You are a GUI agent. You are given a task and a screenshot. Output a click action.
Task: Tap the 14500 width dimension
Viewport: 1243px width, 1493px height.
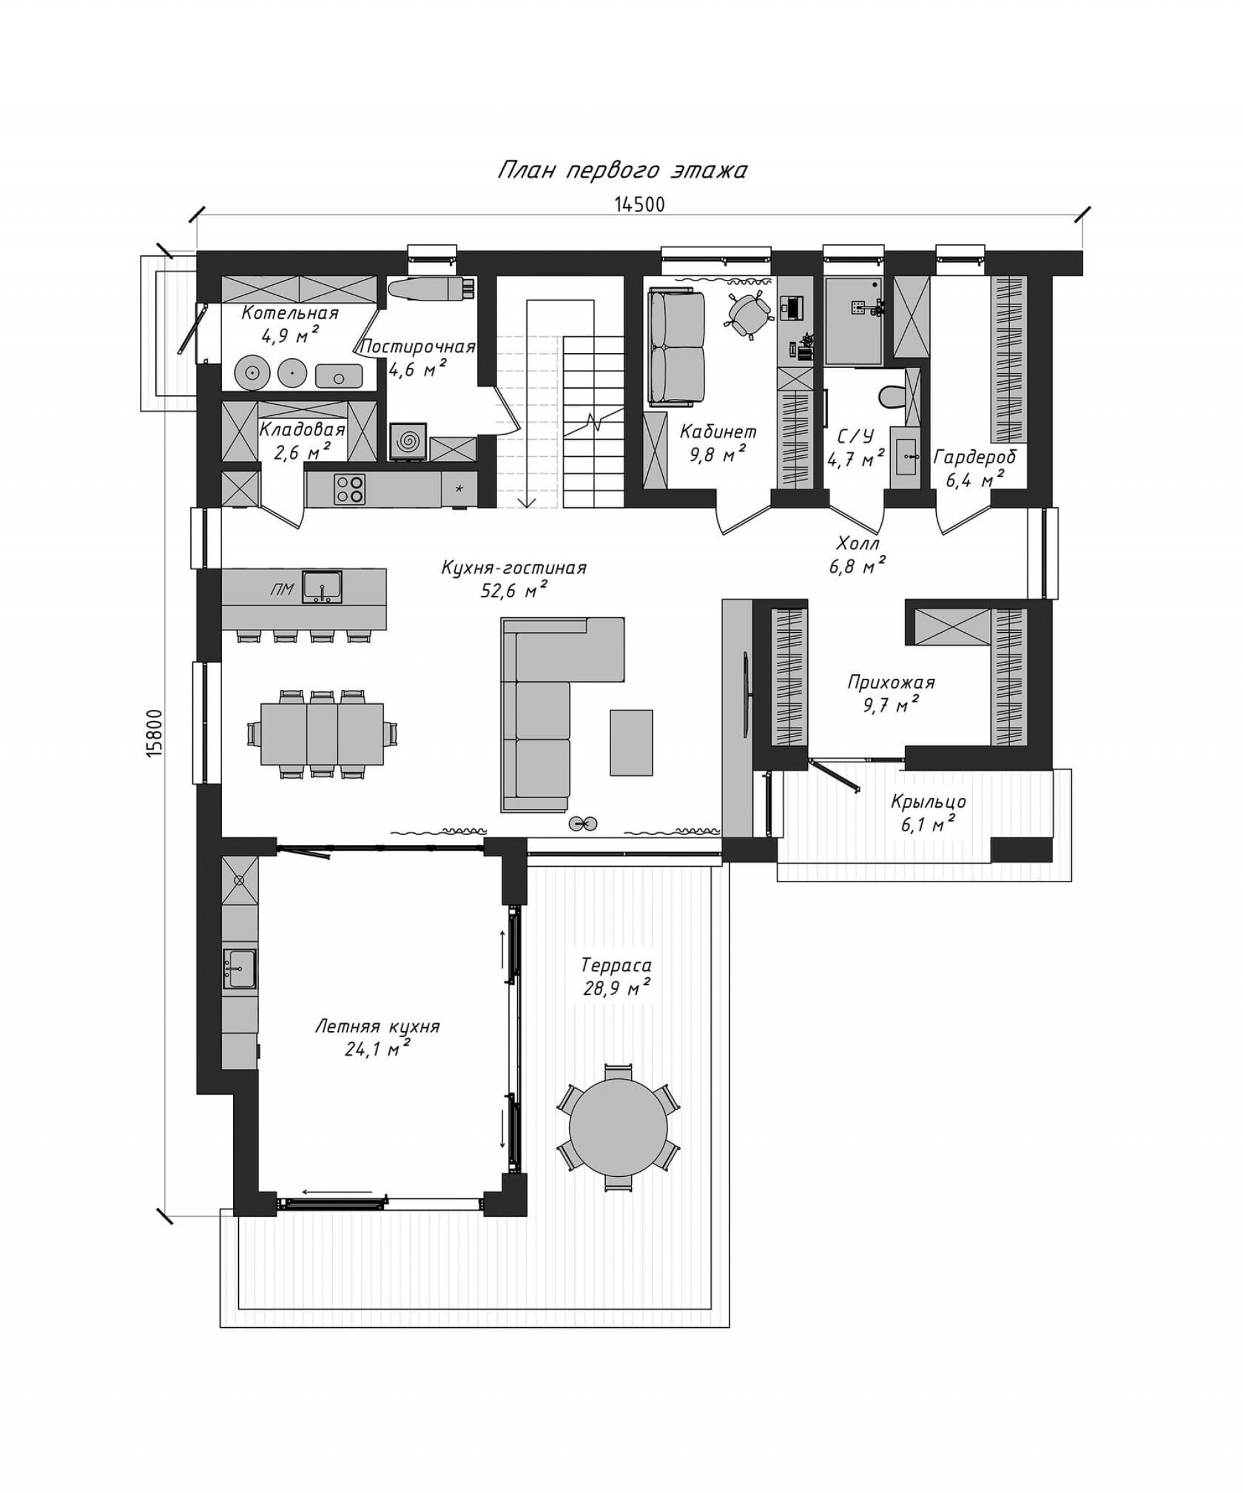click(x=639, y=205)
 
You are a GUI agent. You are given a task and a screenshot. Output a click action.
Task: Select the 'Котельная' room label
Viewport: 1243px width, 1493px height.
click(x=289, y=313)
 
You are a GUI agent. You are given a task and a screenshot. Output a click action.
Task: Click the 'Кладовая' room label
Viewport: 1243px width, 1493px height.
click(x=302, y=429)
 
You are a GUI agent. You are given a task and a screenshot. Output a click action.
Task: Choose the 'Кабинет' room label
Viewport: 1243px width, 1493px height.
click(x=718, y=431)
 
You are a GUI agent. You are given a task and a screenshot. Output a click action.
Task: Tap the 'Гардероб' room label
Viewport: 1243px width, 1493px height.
click(x=975, y=457)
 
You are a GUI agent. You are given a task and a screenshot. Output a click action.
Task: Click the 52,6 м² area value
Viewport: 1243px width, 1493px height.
click(x=513, y=589)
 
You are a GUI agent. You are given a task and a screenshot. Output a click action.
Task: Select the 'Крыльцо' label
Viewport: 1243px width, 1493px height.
click(x=928, y=802)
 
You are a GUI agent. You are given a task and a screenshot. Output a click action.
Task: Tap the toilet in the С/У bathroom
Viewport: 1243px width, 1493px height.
click(x=890, y=396)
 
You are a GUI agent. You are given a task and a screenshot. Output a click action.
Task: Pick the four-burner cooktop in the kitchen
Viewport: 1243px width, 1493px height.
click(x=349, y=489)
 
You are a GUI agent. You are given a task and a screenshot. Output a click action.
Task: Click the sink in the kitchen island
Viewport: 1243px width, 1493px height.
click(x=322, y=587)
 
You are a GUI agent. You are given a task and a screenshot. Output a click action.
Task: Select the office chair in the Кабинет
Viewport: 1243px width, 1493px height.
click(x=748, y=312)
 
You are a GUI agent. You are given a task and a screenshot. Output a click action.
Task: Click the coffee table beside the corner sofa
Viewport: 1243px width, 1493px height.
click(x=631, y=743)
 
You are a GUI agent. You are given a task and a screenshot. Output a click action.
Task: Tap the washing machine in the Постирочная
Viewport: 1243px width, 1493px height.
click(x=408, y=442)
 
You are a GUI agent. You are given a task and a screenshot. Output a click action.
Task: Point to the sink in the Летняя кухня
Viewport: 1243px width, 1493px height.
click(x=240, y=968)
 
